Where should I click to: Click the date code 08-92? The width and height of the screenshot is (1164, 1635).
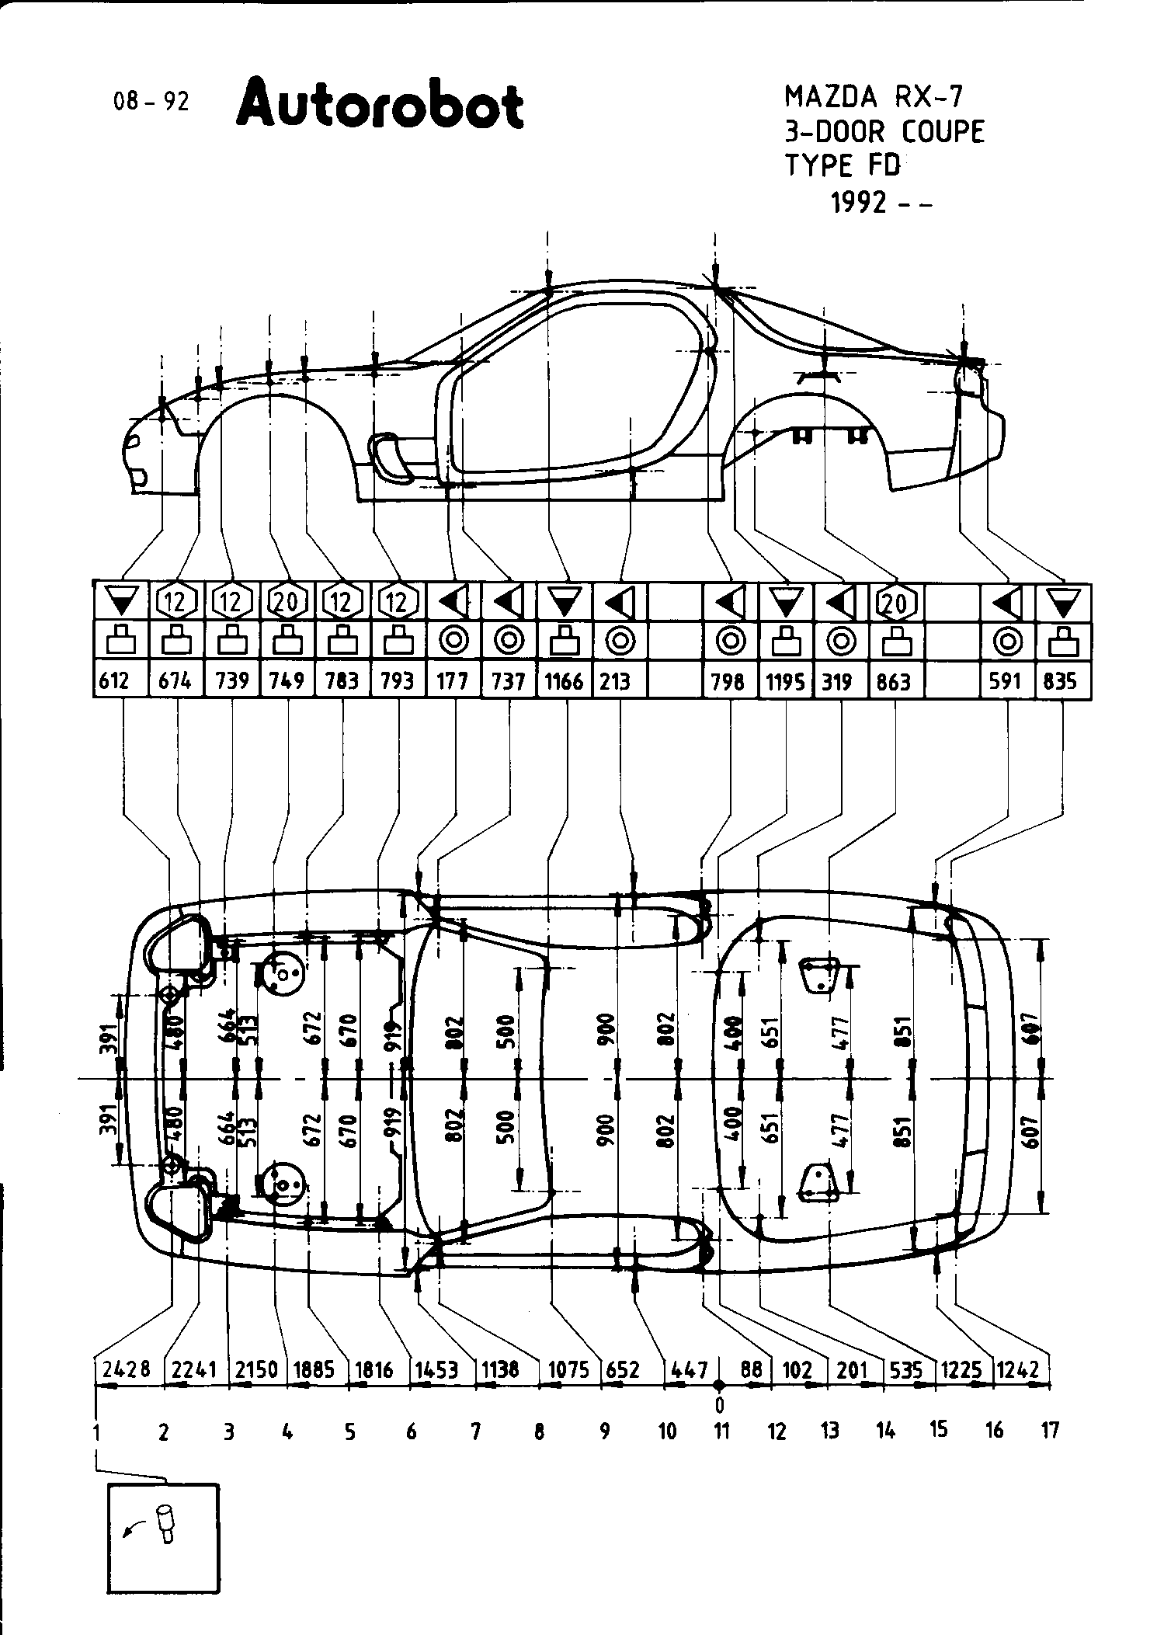[151, 102]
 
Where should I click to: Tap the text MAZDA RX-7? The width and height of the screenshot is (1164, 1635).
[873, 97]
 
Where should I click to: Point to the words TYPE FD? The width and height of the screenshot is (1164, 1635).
[843, 165]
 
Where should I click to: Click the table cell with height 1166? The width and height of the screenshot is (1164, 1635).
[564, 681]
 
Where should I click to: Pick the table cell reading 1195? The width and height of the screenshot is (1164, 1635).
[785, 681]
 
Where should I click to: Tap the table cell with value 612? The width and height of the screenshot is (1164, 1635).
[120, 681]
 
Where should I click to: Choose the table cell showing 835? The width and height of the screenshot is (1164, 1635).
[1061, 681]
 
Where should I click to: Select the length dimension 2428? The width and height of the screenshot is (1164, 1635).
[126, 1369]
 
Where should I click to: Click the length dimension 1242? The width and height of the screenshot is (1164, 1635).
[1017, 1369]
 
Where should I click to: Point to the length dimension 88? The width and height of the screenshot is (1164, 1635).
[751, 1369]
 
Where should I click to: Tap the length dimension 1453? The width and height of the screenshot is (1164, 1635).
[435, 1369]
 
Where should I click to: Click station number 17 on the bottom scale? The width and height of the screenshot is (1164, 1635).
[1049, 1430]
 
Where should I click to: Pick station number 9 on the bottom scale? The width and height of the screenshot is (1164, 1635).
[605, 1430]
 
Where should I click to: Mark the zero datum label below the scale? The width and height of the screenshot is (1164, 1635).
[720, 1404]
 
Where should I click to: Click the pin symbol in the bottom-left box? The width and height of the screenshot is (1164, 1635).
[166, 1522]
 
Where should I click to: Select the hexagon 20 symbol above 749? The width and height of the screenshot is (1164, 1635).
[287, 601]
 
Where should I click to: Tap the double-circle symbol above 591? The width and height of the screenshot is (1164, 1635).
[1007, 642]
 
